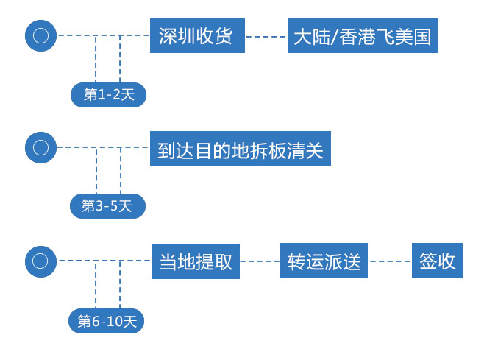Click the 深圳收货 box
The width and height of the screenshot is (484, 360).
(196, 35)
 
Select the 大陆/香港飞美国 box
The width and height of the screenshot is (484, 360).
(363, 36)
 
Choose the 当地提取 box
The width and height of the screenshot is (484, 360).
(196, 261)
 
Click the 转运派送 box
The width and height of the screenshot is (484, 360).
(324, 261)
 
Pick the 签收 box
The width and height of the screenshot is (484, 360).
(437, 261)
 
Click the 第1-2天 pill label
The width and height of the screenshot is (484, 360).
(109, 94)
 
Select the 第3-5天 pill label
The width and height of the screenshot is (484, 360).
(107, 206)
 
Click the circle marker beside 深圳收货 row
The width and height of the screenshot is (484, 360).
(40, 35)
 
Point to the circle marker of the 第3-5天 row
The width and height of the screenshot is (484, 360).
(40, 147)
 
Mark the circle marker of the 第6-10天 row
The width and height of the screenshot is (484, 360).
(40, 261)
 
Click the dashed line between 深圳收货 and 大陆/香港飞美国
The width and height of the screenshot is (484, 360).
(266, 36)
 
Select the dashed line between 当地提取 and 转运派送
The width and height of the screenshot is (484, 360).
(260, 261)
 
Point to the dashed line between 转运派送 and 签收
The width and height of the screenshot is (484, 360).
(390, 261)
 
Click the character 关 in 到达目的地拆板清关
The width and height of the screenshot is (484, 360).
(314, 150)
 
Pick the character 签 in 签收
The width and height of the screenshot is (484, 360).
(429, 261)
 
